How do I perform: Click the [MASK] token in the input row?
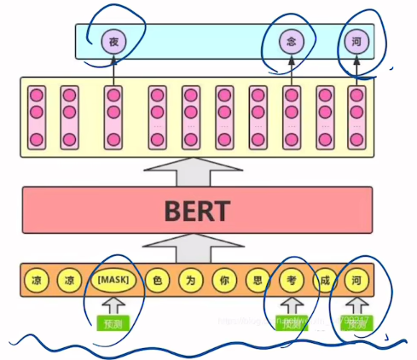pyautogui.click(x=113, y=279)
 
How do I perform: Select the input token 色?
pyautogui.click(x=155, y=279)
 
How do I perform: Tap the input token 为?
pyautogui.click(x=188, y=279)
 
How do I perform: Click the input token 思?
pyautogui.click(x=255, y=279)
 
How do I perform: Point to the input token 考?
pyautogui.click(x=290, y=279)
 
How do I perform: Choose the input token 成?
pyautogui.click(x=323, y=279)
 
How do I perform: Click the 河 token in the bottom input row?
pyautogui.click(x=356, y=279)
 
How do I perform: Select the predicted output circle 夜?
pyautogui.click(x=113, y=39)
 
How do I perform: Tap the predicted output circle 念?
pyautogui.click(x=292, y=39)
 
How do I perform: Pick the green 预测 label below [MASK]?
pyautogui.click(x=113, y=324)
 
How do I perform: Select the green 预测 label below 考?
pyautogui.click(x=292, y=324)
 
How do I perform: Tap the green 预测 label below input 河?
pyautogui.click(x=356, y=324)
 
